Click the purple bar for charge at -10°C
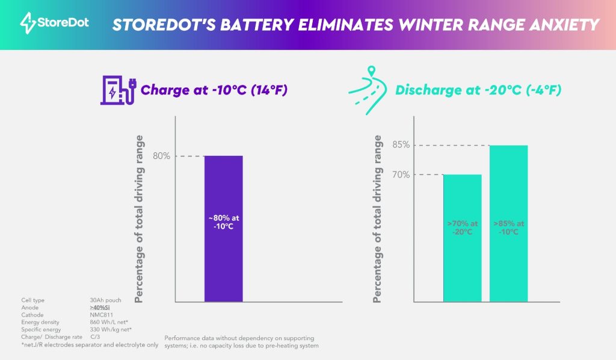(224, 229)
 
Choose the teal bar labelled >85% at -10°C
(508, 223)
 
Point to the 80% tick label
(161, 157)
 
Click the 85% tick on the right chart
(402, 145)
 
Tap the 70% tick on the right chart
(402, 175)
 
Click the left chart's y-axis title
(140, 219)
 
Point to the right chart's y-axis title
(378, 219)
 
